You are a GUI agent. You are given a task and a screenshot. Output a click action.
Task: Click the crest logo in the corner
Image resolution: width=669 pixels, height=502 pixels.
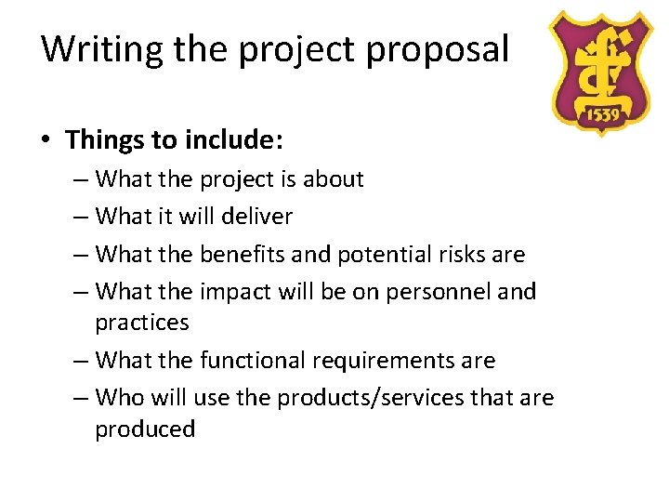[598, 72]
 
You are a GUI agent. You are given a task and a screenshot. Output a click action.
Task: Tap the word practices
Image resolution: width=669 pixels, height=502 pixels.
[141, 323]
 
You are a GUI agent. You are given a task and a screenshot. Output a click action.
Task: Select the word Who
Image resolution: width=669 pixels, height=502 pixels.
[119, 398]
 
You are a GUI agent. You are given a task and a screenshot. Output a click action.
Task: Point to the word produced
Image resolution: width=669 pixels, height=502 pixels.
[145, 429]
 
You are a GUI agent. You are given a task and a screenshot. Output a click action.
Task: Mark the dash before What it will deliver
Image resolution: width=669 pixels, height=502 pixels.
[80, 218]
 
